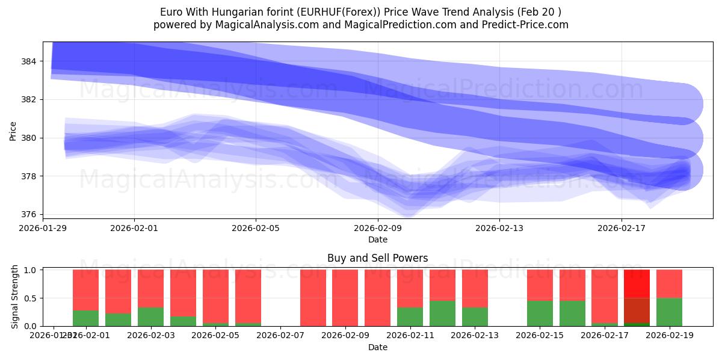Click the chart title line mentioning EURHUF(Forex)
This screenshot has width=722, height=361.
pyautogui.click(x=360, y=12)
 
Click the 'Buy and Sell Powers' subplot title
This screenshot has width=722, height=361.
pyautogui.click(x=377, y=258)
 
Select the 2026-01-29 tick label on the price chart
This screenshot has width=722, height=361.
pyautogui.click(x=43, y=228)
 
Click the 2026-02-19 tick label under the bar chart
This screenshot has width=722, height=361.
pyautogui.click(x=669, y=335)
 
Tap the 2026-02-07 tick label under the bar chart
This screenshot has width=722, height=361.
pyautogui.click(x=280, y=335)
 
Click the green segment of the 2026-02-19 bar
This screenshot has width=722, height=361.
pyautogui.click(x=669, y=312)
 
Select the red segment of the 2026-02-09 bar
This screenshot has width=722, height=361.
pyautogui.click(x=345, y=298)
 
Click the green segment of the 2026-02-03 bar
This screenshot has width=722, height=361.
pyautogui.click(x=150, y=316)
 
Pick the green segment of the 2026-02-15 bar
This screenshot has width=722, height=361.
pyautogui.click(x=540, y=313)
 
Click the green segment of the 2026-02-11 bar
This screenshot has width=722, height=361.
pyautogui.click(x=410, y=316)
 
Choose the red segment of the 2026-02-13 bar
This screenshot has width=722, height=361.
pyautogui.click(x=475, y=288)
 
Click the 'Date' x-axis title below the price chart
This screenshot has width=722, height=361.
pyautogui.click(x=377, y=239)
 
